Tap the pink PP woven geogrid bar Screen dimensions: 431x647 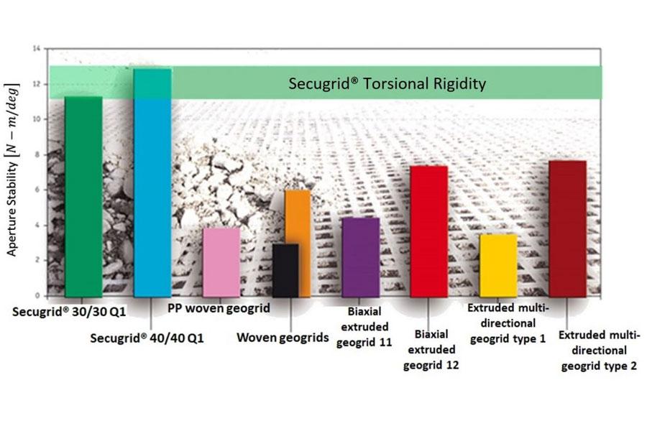tap(221, 262)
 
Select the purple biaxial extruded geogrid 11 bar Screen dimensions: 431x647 tap(360, 256)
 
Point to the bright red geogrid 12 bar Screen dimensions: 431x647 tap(428, 231)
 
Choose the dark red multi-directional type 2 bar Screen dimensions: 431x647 tap(567, 228)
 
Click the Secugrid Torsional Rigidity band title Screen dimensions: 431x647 tap(387, 83)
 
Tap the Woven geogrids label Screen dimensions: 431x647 tap(283, 337)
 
